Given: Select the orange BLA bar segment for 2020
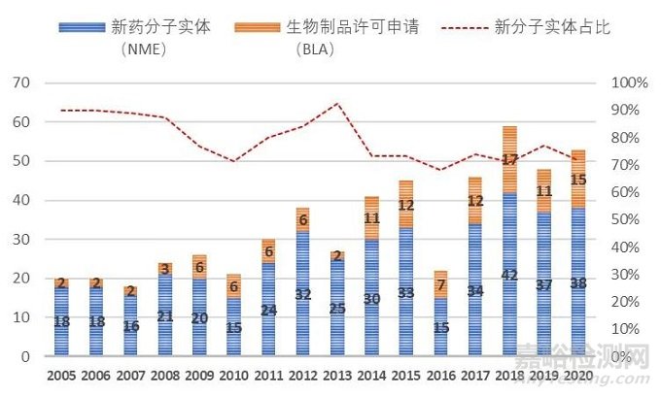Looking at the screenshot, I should (x=578, y=179).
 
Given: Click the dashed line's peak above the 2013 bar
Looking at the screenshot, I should (x=335, y=103).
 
